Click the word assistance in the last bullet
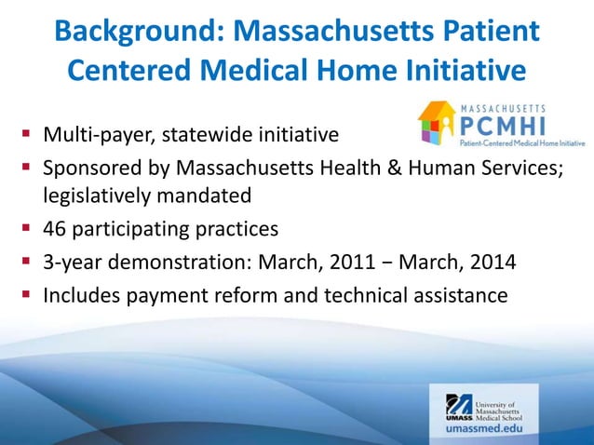click(460, 295)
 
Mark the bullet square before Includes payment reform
click(26, 295)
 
